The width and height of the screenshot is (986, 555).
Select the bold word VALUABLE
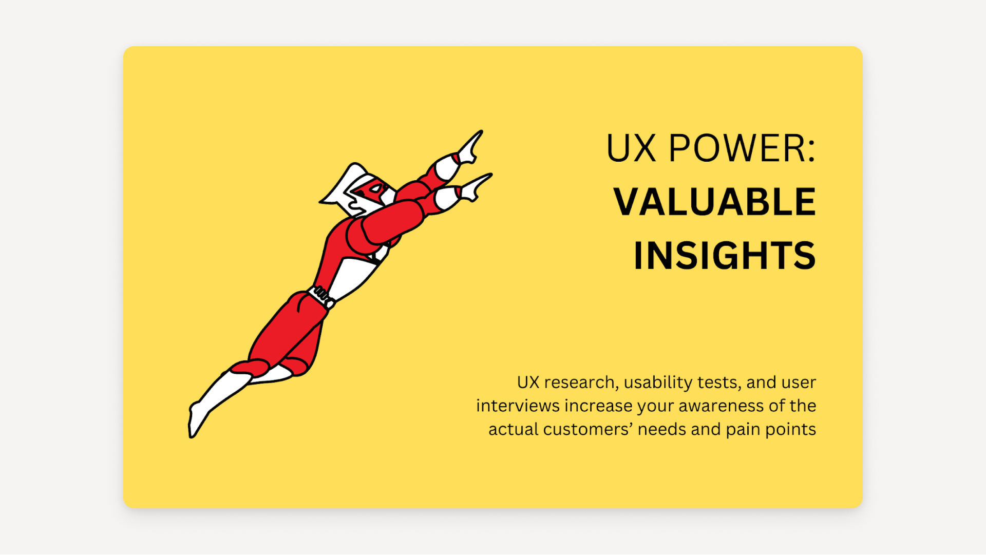pos(714,202)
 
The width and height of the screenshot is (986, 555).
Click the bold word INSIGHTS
pos(724,255)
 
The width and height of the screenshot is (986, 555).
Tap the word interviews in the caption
pos(518,406)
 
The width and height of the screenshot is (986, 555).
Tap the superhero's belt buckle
pos(322,295)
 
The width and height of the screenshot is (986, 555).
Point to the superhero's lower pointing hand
pos(475,187)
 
